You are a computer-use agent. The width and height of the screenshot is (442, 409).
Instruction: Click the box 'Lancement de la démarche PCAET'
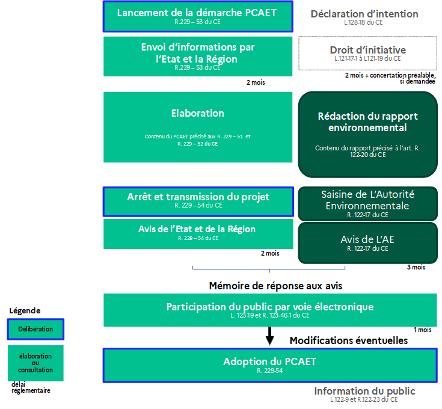[x=197, y=16]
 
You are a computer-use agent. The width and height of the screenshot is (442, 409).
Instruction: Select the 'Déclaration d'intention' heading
[x=364, y=14]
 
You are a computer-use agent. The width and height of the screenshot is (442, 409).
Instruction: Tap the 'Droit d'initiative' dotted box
[x=367, y=53]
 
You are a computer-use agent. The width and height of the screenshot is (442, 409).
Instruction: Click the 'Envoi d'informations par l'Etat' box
[x=197, y=55]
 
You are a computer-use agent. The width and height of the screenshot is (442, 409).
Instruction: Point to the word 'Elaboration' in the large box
[x=197, y=113]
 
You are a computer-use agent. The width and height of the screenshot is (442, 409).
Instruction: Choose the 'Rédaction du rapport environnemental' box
[x=367, y=134]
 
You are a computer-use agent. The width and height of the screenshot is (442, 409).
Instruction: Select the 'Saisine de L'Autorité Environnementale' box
[x=367, y=203]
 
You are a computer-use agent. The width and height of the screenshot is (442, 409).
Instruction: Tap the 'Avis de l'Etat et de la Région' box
[x=197, y=233]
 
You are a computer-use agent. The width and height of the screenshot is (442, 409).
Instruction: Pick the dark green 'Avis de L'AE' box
[x=367, y=242]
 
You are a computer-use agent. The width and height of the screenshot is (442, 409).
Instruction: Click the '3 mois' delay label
[x=416, y=267]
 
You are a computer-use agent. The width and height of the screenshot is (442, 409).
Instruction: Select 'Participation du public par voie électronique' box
[x=270, y=310]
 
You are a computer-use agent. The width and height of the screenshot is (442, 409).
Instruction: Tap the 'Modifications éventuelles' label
[x=349, y=340]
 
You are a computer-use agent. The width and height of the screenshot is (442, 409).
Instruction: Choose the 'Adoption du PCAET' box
[x=270, y=365]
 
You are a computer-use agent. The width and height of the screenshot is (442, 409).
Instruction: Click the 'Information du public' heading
[x=364, y=391]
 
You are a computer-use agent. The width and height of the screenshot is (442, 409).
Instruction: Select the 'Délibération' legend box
[x=35, y=329]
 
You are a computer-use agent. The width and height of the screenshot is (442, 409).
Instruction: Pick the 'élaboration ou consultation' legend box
[x=35, y=363]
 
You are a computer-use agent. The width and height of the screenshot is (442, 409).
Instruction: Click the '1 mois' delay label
[x=422, y=330]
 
